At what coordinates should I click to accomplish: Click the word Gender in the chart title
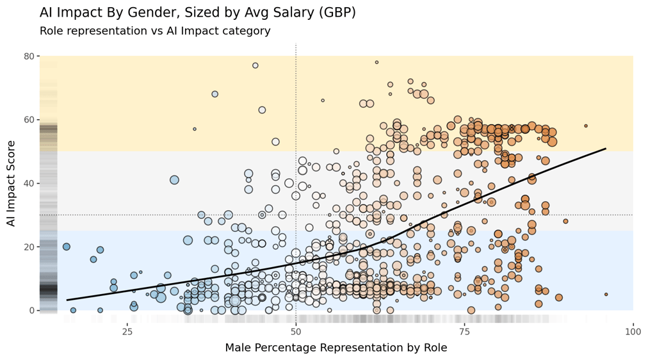[143, 13]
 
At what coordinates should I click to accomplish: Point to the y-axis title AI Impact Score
[12, 183]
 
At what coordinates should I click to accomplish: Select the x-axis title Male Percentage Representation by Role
[336, 348]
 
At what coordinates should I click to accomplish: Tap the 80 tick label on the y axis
[29, 56]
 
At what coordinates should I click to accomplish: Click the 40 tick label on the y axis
[29, 183]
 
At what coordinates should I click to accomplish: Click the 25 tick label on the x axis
[127, 331]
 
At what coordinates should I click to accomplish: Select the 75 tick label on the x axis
[464, 331]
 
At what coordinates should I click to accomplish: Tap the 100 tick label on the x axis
[633, 331]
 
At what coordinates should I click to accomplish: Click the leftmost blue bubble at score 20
[67, 247]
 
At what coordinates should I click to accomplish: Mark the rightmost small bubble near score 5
[606, 295]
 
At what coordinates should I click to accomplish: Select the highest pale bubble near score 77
[255, 65]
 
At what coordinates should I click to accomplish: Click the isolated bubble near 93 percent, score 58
[586, 126]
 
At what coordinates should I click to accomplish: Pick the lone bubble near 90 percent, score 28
[565, 221]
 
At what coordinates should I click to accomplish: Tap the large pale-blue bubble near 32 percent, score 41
[174, 180]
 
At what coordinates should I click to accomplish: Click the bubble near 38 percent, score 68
[215, 94]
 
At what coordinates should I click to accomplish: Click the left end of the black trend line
[67, 300]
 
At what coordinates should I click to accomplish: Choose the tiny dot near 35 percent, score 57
[195, 129]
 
